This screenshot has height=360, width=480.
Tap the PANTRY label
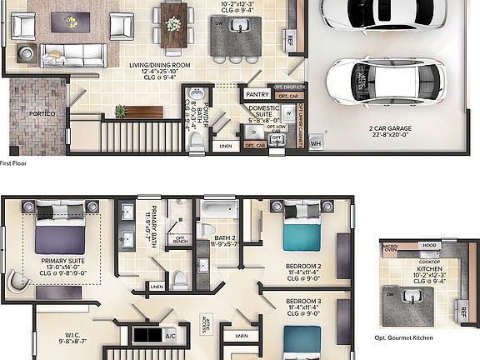click(x=257, y=95)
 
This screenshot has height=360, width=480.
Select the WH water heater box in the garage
click(x=315, y=143)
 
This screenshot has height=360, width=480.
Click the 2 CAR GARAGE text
click(x=389, y=128)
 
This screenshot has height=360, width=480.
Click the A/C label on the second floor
click(x=170, y=337)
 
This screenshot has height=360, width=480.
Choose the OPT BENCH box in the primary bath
click(x=178, y=241)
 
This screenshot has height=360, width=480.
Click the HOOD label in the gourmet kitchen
click(x=429, y=246)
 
